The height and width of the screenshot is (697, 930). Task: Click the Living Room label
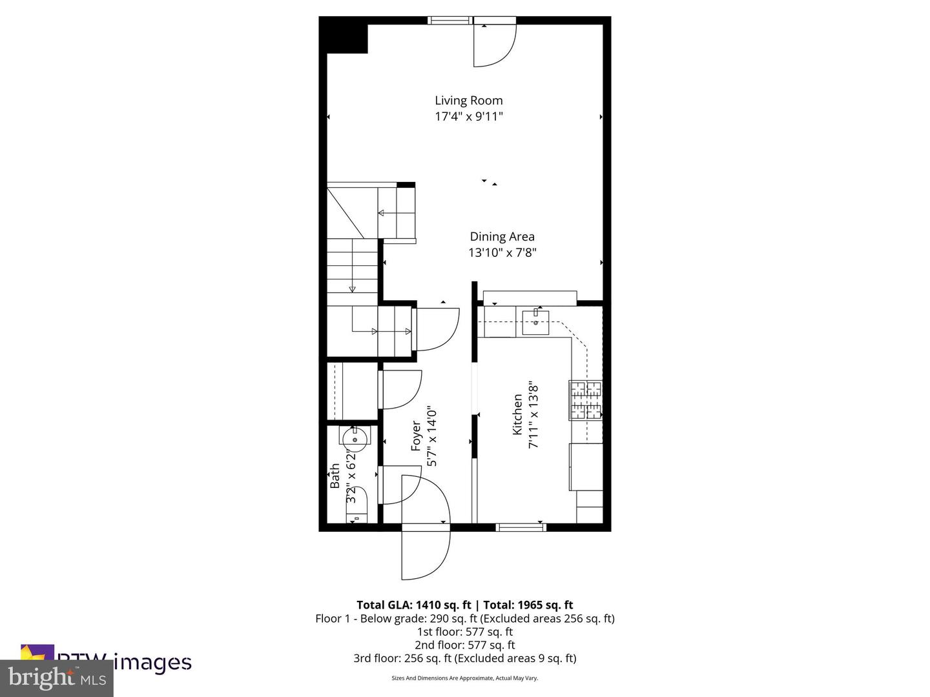coord(468,100)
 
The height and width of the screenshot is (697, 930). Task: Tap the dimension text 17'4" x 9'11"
coord(468,117)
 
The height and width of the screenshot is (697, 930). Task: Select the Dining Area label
coord(502,236)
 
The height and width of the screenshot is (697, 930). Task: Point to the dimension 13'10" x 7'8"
coord(502,253)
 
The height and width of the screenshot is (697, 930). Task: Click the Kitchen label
coord(517,415)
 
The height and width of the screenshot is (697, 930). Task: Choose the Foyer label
coord(417,436)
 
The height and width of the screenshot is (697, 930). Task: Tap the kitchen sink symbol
coord(535,322)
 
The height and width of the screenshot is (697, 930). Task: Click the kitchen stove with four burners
coord(585,400)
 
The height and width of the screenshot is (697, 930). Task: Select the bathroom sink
coord(354,439)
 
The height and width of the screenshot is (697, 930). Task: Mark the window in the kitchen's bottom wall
coord(521,527)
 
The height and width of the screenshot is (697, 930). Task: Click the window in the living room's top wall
coord(451,21)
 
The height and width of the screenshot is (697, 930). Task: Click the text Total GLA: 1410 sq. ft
coord(413,605)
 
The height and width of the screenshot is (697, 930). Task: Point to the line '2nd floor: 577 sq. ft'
coord(464,645)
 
